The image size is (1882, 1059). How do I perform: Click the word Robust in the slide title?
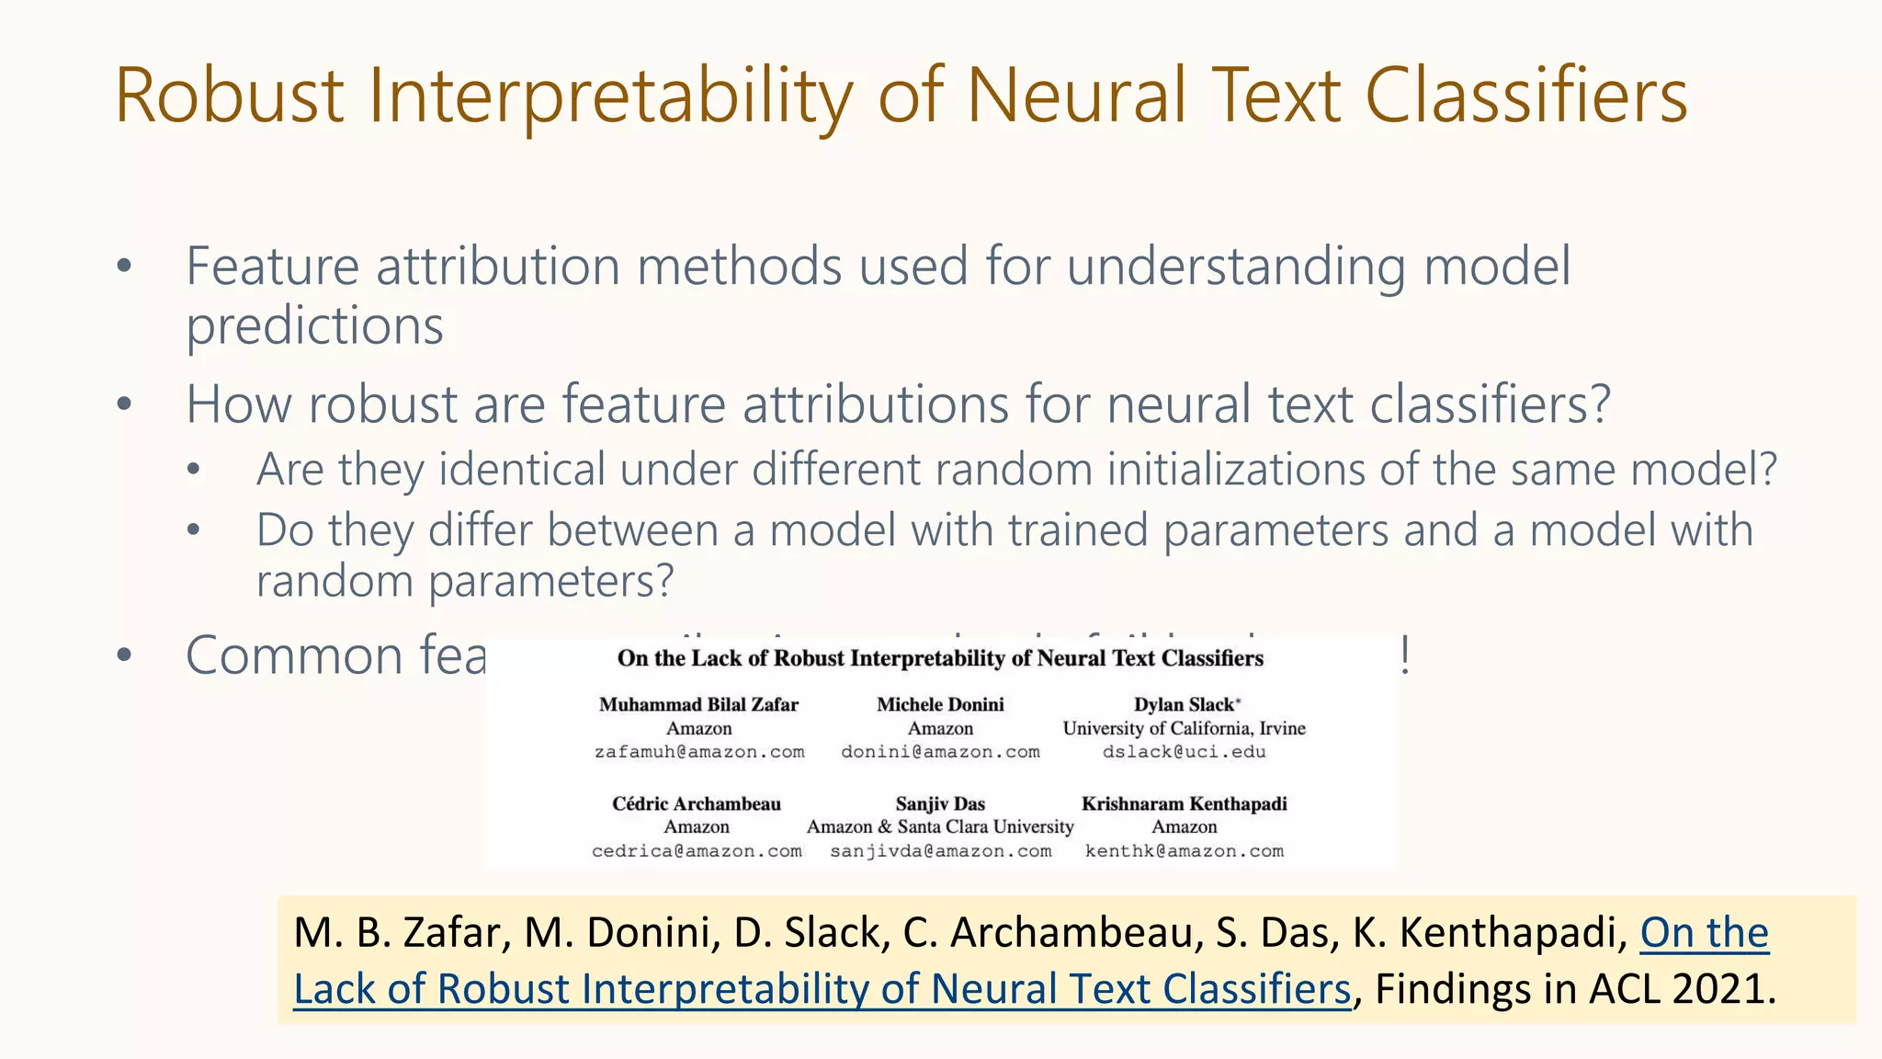pos(230,96)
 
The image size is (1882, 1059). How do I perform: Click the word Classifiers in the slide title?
pos(1526,96)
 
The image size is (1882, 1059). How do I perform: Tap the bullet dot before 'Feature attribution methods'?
pos(125,268)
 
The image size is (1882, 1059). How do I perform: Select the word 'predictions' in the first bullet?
pos(314,326)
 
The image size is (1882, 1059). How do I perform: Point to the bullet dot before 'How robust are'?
pos(125,404)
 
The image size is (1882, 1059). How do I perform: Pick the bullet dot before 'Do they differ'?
pos(193,530)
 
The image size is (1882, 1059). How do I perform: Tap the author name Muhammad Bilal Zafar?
pos(698,705)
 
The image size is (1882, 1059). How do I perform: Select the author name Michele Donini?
pos(940,705)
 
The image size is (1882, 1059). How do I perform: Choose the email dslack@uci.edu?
pos(1184,752)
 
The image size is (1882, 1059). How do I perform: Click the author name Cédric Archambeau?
pos(697,804)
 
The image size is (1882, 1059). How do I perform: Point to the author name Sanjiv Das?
pos(940,804)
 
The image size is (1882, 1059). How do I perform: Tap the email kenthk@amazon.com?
pos(1184,851)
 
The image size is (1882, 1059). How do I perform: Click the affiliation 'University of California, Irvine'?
pos(1184,729)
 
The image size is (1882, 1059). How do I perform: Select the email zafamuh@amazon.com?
pos(698,752)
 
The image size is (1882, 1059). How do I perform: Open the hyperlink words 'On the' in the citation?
pos(1704,933)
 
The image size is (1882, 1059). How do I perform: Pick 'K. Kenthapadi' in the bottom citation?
pos(1489,933)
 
